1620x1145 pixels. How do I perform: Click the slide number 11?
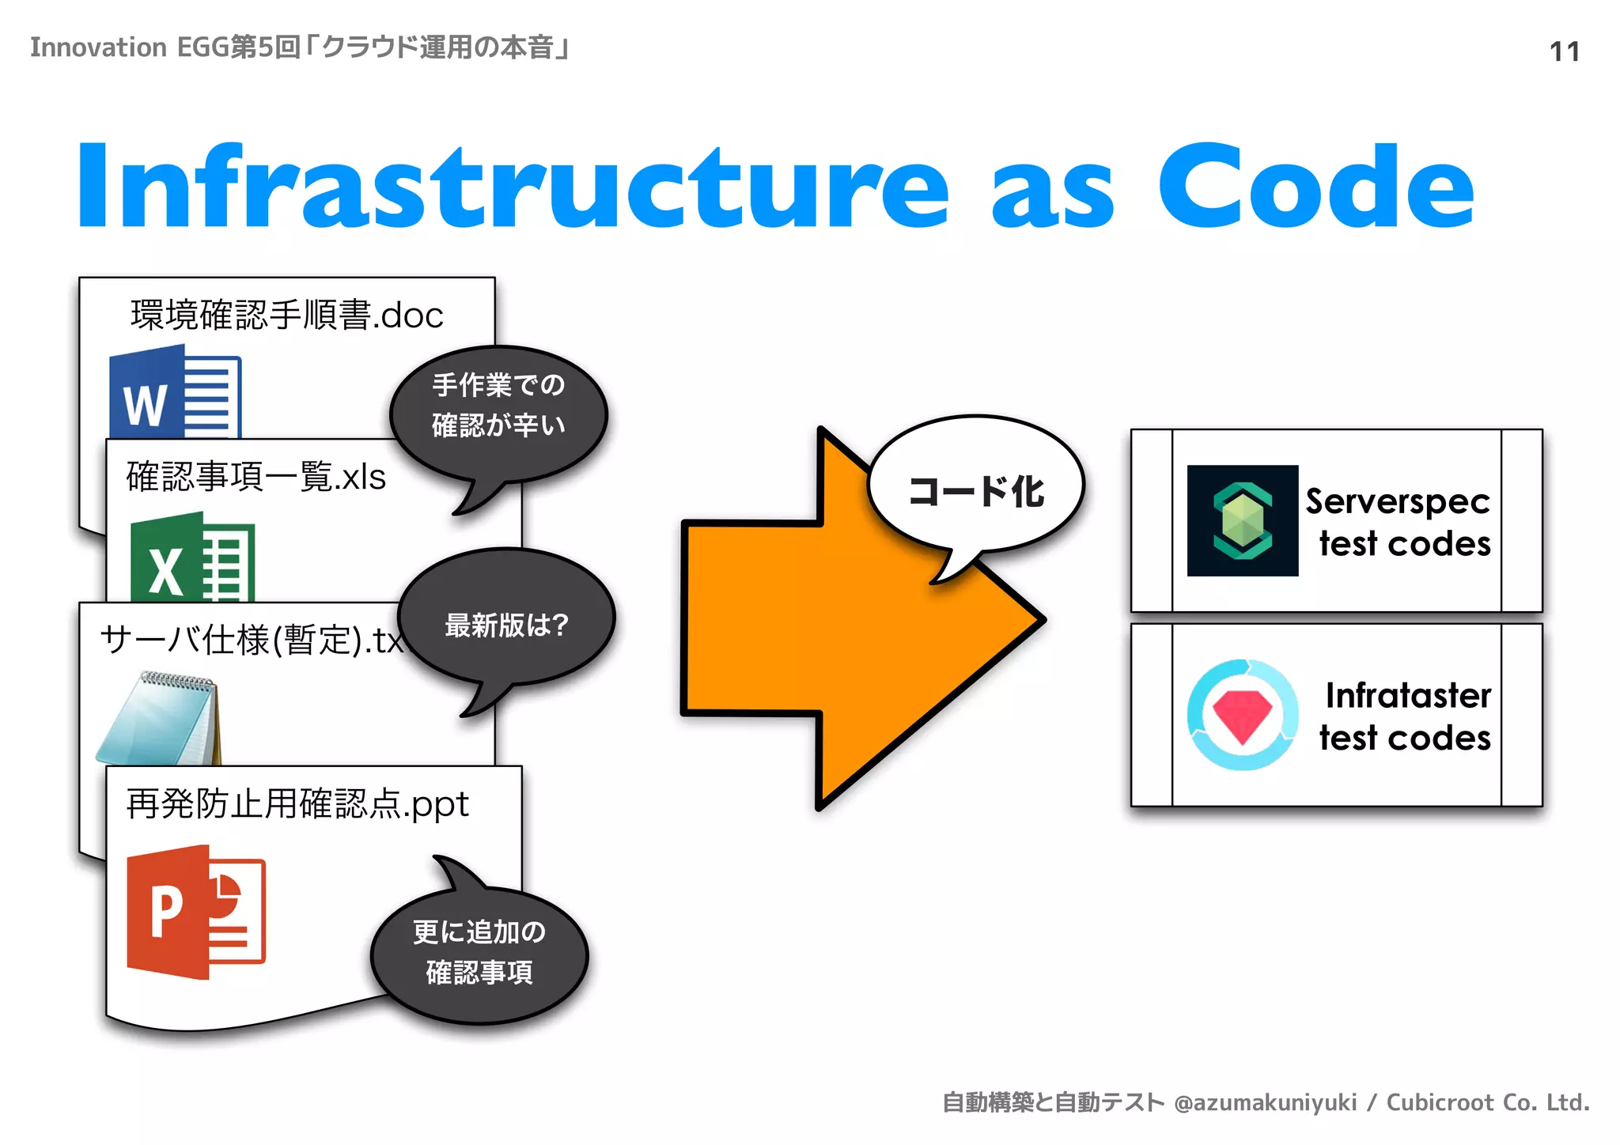coord(1564,52)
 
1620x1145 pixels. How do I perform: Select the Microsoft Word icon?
coord(175,392)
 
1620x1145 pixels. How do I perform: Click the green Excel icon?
coord(192,558)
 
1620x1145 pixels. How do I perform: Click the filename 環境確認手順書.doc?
coord(286,315)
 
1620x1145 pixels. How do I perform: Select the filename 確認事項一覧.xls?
coord(255,477)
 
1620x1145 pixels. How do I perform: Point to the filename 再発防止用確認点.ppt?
coord(297,804)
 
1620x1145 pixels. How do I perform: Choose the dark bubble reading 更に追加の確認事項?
coord(479,953)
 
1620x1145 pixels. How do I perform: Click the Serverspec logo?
coord(1242,520)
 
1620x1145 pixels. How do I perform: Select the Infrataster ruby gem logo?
coord(1242,715)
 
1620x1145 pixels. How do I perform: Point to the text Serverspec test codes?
coord(1399,523)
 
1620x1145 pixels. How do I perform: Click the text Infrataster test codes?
coord(1405,716)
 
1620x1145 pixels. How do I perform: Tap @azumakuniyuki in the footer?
coord(1265,1102)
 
